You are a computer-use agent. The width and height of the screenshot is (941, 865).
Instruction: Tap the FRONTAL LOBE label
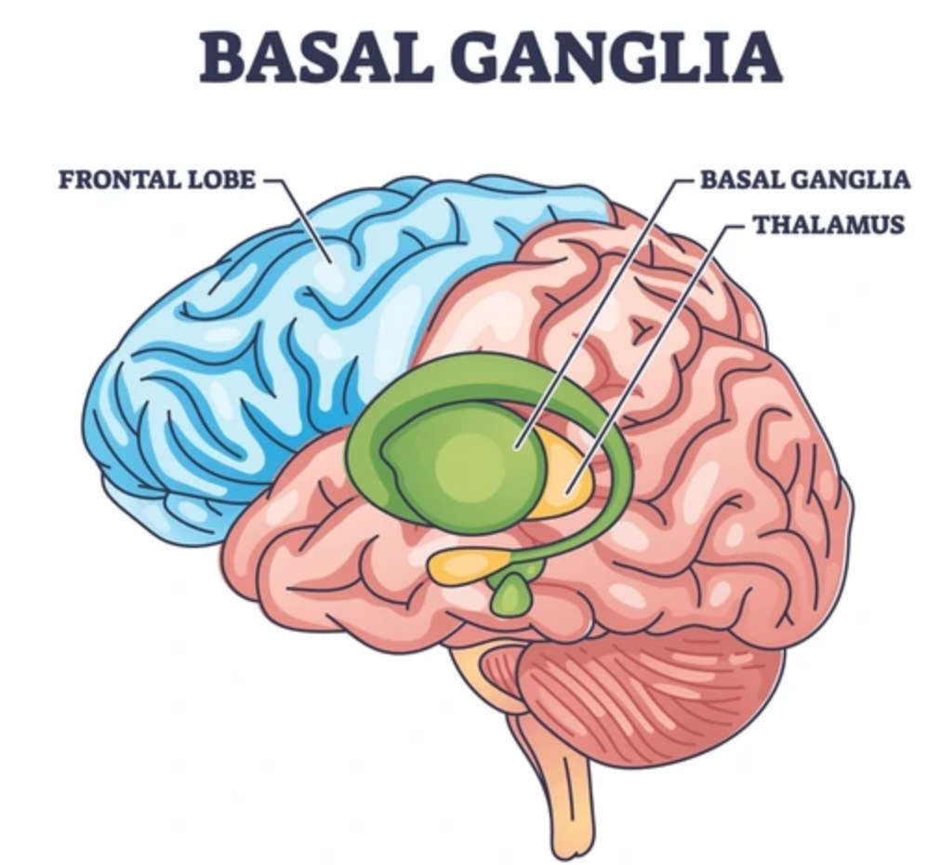[156, 180]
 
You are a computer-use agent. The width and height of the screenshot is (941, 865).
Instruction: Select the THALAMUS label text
[828, 225]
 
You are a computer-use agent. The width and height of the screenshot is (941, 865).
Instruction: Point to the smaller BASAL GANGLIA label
[805, 180]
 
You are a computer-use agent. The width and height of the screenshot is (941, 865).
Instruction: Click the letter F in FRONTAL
[65, 180]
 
